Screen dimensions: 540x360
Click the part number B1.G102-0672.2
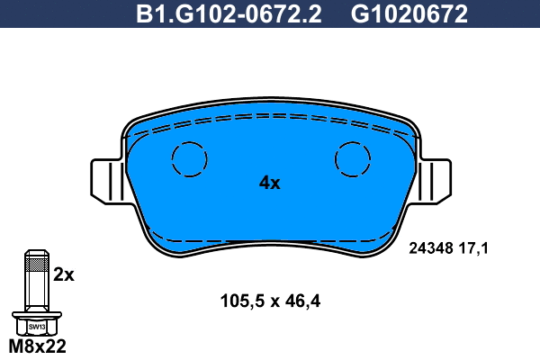click(229, 13)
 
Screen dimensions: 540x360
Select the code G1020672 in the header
click(409, 13)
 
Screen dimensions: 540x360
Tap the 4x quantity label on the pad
click(270, 183)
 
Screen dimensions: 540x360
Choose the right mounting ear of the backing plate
click(435, 181)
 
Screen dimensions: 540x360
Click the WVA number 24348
click(431, 248)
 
